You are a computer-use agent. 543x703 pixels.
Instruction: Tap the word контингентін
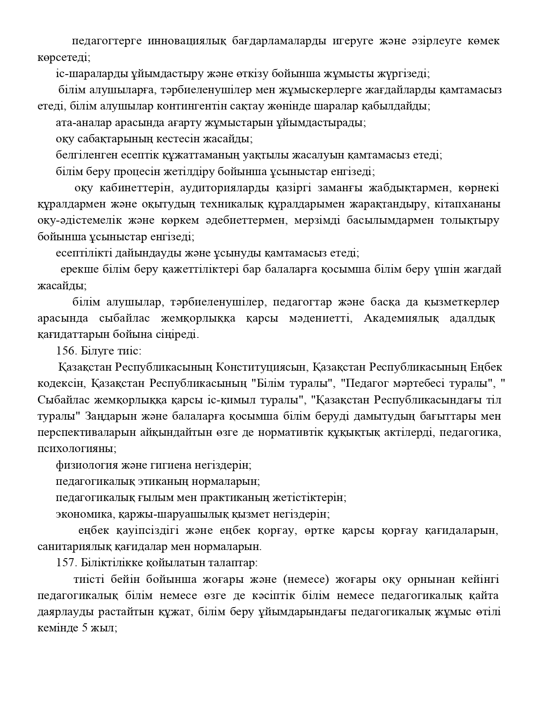[197, 106]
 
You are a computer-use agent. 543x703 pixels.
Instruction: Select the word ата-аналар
[78, 123]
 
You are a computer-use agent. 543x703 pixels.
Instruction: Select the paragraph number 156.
[65, 351]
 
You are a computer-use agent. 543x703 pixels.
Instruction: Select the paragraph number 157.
[65, 562]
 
